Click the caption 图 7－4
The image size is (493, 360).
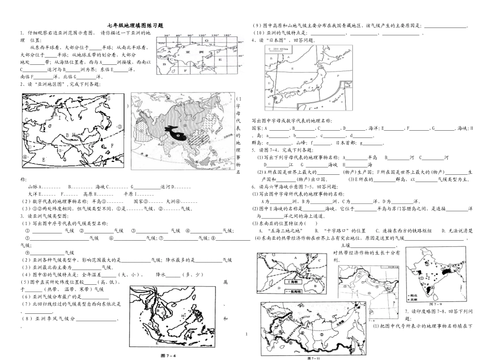pyautogui.click(x=169, y=355)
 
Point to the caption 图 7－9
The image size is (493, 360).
pyautogui.click(x=438, y=304)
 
